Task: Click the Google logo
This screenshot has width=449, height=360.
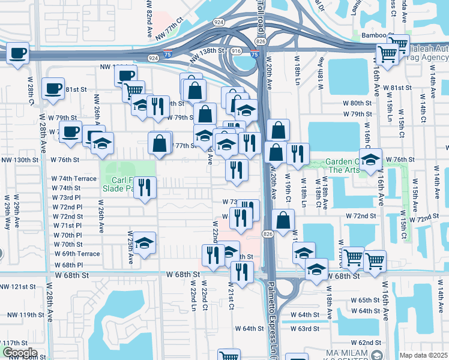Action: pyautogui.click(x=19, y=353)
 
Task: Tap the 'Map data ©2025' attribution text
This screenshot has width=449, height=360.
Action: pyautogui.click(x=424, y=355)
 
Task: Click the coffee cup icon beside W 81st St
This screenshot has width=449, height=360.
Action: pyautogui.click(x=53, y=89)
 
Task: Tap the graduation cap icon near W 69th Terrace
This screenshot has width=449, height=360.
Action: pyautogui.click(x=144, y=243)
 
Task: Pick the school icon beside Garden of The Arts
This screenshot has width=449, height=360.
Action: pyautogui.click(x=370, y=160)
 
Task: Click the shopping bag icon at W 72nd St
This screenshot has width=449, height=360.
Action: pyautogui.click(x=283, y=220)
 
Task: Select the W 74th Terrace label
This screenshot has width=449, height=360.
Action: pyautogui.click(x=73, y=179)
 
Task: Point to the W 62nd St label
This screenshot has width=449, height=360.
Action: pyautogui.click(x=369, y=342)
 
